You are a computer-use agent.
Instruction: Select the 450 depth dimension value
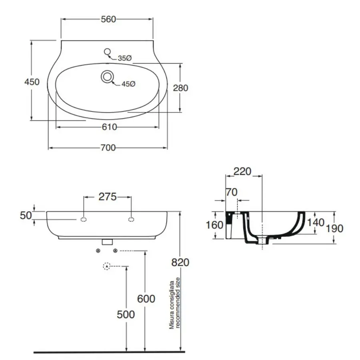[x=32, y=82]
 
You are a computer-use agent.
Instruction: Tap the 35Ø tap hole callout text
[x=124, y=58]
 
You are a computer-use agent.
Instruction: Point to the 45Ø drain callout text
[x=129, y=84]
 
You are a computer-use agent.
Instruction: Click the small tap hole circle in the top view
[x=107, y=51]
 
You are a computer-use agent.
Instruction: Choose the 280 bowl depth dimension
[x=181, y=88]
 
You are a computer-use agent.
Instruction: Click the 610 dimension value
[x=109, y=127]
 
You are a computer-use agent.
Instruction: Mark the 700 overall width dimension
[x=108, y=148]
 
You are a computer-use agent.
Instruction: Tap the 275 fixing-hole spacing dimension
[x=108, y=197]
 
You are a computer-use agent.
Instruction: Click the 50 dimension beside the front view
[x=26, y=216]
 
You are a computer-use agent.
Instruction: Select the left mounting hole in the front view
[x=84, y=219]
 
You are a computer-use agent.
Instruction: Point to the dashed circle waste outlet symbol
[x=106, y=266]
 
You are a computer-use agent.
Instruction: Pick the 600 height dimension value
[x=146, y=298]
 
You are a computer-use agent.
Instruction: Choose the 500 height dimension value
[x=126, y=314]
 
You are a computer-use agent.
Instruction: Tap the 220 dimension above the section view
[x=242, y=172]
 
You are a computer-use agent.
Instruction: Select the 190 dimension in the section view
[x=335, y=228]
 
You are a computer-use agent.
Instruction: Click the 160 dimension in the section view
[x=214, y=225]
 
